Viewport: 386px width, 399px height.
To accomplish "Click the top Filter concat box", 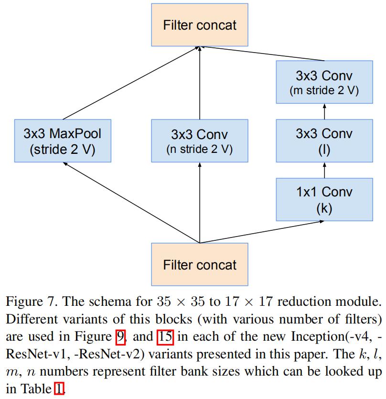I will [200, 25].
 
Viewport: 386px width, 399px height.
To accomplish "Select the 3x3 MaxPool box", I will [63, 141].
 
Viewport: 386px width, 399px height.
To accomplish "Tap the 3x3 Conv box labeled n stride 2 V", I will [200, 141].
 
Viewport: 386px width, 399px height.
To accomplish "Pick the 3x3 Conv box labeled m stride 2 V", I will [324, 82].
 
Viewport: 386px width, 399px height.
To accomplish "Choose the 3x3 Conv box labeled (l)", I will [324, 141].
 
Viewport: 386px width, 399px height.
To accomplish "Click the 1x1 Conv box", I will [324, 200].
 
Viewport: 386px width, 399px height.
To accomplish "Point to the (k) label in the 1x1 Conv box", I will [324, 209].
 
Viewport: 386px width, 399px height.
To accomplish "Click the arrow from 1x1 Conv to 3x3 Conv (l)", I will [324, 171].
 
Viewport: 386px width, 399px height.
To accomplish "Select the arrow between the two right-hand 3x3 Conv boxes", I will [324, 111].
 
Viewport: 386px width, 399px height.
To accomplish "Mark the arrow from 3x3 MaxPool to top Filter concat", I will [131, 83].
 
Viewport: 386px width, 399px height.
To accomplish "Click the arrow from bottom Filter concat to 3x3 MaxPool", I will [131, 202].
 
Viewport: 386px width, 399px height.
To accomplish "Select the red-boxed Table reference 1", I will [58, 389].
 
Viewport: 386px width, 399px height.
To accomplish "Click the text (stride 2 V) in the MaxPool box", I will [63, 149].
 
